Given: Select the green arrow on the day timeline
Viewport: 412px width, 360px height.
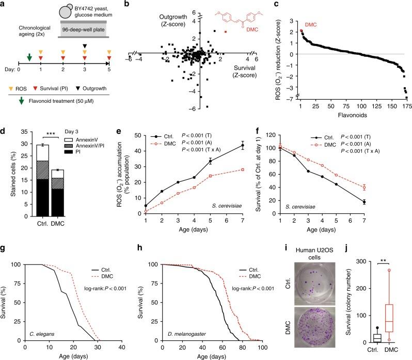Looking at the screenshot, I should (29, 57).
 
